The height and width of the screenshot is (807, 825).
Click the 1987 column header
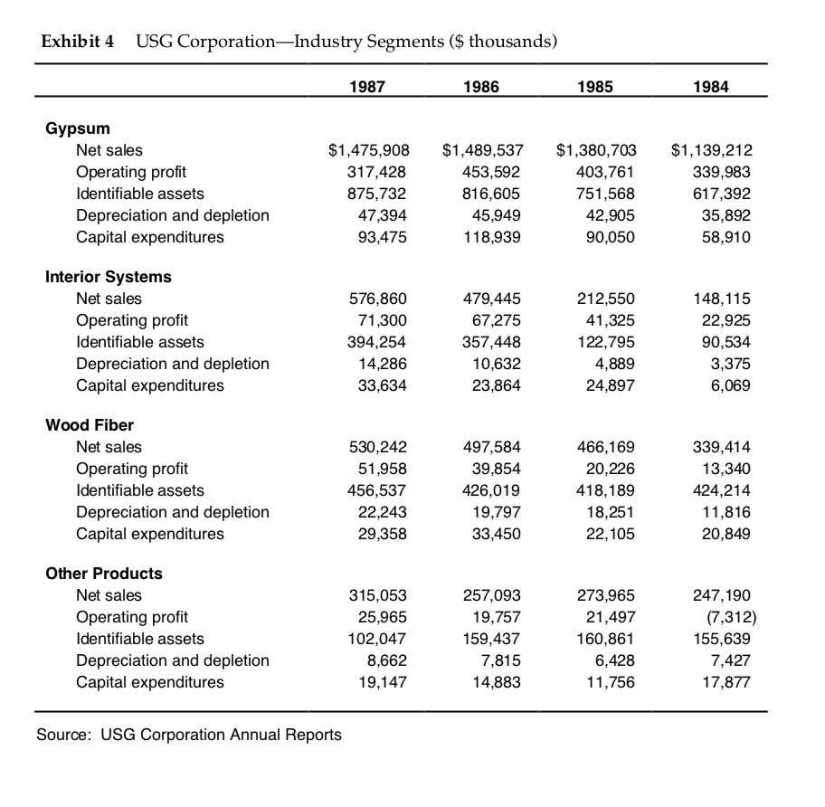367,87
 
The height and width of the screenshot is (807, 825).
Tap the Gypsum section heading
78,128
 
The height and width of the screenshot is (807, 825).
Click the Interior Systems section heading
109,277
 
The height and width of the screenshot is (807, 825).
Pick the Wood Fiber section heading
90,425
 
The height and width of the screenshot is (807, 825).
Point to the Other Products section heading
104,574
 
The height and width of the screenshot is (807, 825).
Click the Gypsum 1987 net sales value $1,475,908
367,150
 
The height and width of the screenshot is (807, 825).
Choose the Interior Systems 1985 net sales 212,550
606,299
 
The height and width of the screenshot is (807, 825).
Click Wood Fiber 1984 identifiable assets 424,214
721,490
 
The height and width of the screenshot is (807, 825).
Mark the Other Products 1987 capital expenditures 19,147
378,682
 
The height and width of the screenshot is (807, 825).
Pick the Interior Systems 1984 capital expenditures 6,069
732,385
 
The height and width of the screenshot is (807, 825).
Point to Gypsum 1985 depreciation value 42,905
610,215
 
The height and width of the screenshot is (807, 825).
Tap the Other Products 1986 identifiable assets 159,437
494,639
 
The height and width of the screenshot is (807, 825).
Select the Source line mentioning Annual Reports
189,735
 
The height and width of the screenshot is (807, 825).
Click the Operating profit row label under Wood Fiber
132,469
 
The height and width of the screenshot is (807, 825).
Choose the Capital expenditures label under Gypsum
150,237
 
